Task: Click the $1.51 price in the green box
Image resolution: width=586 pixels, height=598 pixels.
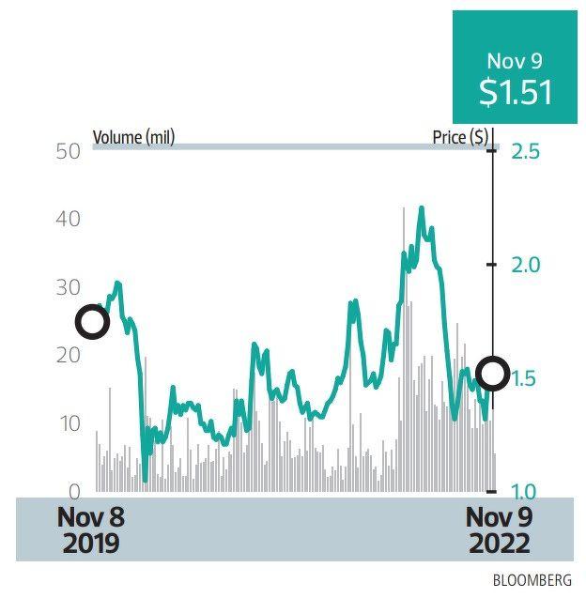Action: (514, 92)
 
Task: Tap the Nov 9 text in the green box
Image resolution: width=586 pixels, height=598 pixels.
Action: (514, 61)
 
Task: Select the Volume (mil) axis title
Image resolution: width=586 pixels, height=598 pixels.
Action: (133, 138)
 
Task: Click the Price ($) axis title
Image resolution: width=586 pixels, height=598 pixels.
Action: (460, 138)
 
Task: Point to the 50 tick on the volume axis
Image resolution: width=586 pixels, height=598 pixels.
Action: (67, 151)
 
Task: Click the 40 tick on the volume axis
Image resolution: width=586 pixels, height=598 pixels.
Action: (67, 219)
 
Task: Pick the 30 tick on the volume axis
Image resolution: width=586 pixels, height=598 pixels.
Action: (67, 287)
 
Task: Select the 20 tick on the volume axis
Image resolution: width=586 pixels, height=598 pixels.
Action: (67, 356)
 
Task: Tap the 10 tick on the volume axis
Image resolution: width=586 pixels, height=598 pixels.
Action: (67, 423)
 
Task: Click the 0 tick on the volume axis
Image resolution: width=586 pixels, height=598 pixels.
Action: (73, 491)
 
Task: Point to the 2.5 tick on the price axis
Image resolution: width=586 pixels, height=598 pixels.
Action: (526, 151)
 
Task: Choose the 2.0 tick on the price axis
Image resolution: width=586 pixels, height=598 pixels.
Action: (526, 265)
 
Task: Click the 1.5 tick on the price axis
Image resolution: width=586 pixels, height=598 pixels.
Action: (526, 378)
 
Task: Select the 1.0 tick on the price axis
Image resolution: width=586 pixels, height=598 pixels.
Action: (526, 491)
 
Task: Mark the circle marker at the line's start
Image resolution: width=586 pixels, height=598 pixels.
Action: (92, 322)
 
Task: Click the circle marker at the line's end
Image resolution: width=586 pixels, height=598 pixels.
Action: (493, 373)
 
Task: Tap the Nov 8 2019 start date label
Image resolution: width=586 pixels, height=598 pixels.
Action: (90, 529)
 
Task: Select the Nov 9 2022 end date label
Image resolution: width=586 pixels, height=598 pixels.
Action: (499, 529)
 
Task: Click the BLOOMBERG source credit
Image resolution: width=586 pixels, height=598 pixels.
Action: (532, 580)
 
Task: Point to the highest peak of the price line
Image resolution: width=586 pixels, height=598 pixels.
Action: (422, 208)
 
